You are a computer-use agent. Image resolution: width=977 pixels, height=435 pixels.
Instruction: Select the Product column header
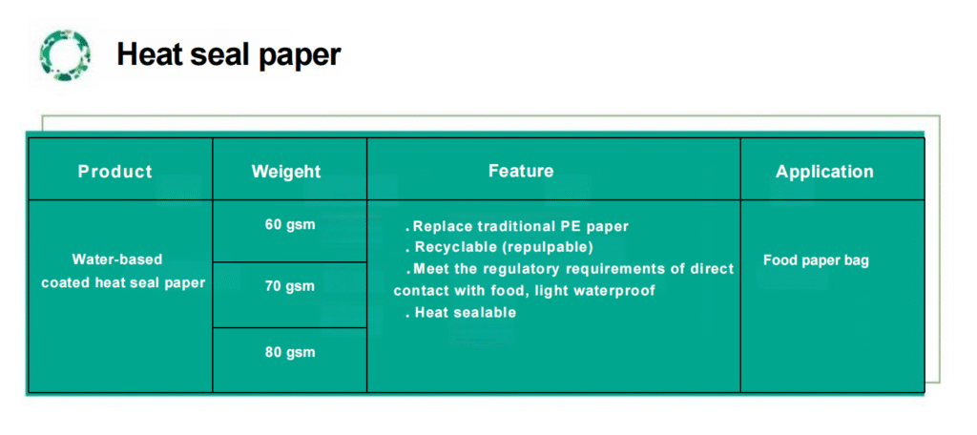tap(114, 172)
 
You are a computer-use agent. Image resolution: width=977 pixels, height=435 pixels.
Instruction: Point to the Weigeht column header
tap(286, 172)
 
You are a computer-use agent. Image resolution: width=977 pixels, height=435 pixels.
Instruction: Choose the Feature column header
tap(521, 170)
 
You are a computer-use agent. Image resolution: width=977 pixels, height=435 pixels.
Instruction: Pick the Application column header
tap(824, 172)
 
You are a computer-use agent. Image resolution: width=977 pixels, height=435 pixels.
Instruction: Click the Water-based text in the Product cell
tap(117, 259)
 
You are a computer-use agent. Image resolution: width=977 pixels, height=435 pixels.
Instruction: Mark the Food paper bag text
tap(816, 260)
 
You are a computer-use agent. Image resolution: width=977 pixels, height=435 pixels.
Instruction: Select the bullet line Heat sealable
tap(461, 313)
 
